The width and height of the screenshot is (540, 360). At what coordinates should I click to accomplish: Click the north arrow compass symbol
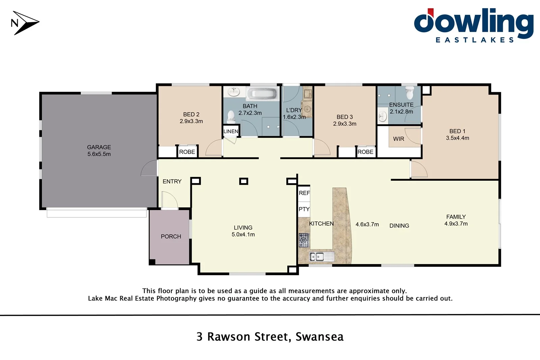tap(25, 23)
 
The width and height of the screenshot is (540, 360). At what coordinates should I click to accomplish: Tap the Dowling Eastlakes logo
tap(474, 26)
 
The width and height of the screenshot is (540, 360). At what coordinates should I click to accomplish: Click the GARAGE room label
tap(99, 147)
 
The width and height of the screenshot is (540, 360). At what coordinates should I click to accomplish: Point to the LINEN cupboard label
tap(231, 131)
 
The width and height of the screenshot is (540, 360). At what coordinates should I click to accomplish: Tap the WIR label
tap(399, 139)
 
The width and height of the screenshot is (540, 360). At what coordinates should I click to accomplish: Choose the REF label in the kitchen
tap(304, 193)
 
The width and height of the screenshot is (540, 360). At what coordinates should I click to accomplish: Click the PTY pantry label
tap(304, 209)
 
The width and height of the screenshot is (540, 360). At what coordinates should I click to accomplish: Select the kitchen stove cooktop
tap(303, 240)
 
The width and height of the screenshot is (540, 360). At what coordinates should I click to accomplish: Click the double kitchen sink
tap(317, 257)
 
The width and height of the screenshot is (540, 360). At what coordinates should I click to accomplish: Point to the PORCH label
tap(171, 236)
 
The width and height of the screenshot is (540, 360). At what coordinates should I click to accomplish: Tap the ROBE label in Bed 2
tap(187, 152)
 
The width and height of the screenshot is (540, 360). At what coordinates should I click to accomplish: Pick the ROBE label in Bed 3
tap(366, 152)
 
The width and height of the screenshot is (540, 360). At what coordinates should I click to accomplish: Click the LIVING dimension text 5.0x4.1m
tap(243, 234)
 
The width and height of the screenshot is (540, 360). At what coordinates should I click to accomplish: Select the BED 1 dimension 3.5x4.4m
tap(457, 138)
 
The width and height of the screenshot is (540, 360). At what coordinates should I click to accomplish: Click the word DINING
tap(399, 226)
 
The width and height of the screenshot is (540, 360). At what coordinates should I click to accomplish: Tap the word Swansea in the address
tap(319, 337)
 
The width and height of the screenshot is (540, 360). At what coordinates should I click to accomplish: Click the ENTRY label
tap(172, 181)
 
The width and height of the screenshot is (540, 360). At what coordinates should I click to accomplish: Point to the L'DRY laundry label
tap(294, 110)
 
